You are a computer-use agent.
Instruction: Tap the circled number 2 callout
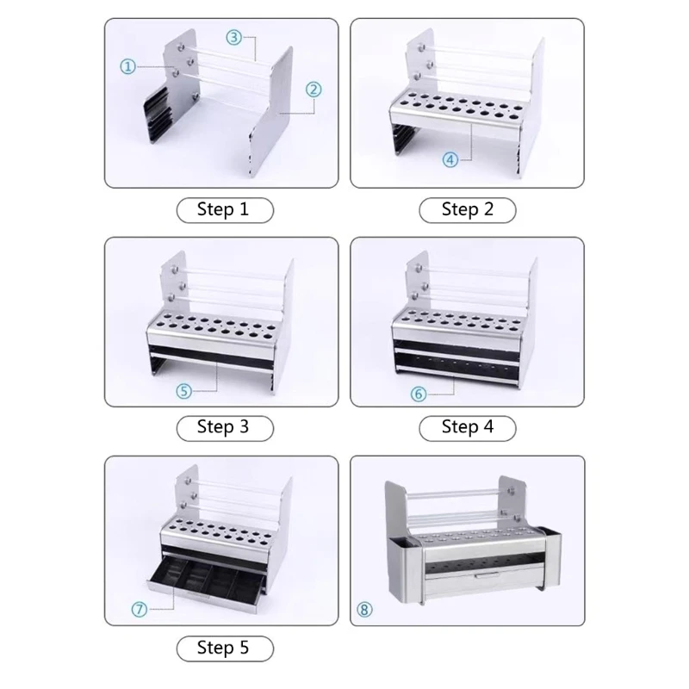click(x=313, y=89)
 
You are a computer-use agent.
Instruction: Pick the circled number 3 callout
click(x=234, y=37)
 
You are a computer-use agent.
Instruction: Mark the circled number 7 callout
click(x=140, y=609)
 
